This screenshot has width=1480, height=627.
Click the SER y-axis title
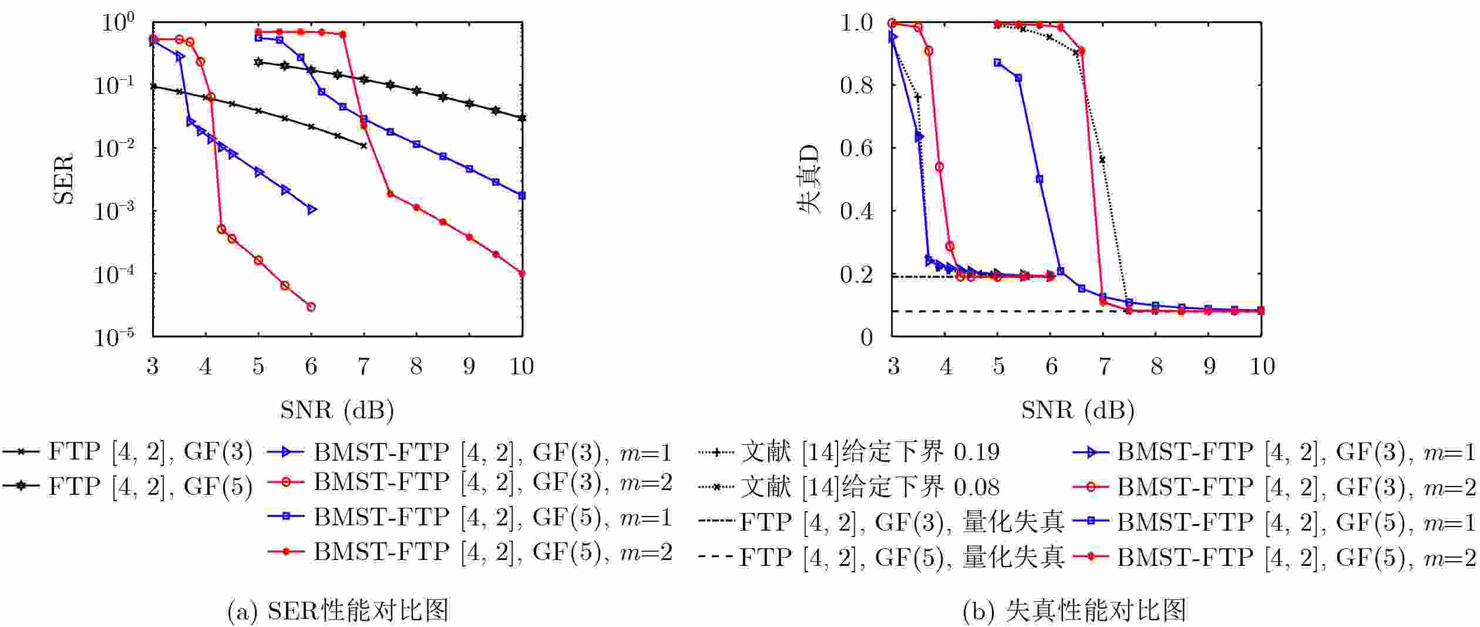tap(63, 179)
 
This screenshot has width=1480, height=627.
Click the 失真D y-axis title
tap(808, 179)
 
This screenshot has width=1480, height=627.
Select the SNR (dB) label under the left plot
tap(337, 410)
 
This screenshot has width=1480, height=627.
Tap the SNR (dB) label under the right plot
tap(1078, 410)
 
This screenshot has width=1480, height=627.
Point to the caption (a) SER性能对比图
tap(338, 611)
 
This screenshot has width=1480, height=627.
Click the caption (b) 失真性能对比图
tap(1074, 611)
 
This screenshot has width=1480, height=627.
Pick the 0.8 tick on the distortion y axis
tap(857, 85)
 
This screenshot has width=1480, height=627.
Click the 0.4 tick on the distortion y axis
tap(857, 211)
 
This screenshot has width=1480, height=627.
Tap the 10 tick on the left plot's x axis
tap(522, 366)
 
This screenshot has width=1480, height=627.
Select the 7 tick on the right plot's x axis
tap(1104, 366)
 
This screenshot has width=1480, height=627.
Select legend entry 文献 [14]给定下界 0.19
tap(849, 452)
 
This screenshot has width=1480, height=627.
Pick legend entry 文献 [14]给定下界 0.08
tap(849, 487)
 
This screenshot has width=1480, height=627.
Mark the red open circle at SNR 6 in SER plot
tap(311, 307)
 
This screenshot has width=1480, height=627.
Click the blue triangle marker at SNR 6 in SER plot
tap(312, 209)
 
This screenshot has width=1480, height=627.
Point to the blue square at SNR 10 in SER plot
tap(522, 196)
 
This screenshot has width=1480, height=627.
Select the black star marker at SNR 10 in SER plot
tap(522, 118)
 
